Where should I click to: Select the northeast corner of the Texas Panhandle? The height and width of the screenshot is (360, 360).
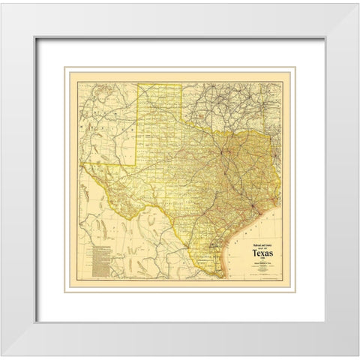click(181, 83)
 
